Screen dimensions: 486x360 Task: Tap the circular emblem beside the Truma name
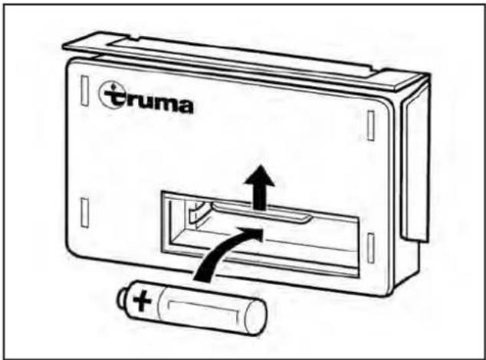[111, 94]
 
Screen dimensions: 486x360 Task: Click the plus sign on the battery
[143, 301]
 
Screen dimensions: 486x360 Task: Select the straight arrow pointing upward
[260, 188]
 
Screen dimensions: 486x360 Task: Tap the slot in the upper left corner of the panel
[84, 90]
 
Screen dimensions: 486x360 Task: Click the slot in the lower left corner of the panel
[84, 213]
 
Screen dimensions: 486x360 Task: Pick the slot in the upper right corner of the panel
[371, 126]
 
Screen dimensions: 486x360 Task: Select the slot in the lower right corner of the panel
[371, 248]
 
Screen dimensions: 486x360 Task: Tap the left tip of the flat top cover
[63, 47]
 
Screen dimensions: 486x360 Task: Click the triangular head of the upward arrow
[260, 176]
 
